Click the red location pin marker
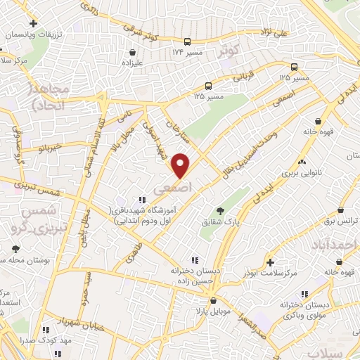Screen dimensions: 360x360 181,165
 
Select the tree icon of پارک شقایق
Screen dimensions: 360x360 220,210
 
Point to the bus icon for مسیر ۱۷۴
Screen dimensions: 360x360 187,41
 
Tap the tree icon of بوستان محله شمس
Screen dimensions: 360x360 16,249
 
